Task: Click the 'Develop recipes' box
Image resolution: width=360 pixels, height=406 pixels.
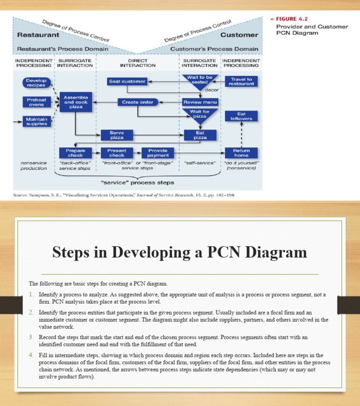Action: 36,83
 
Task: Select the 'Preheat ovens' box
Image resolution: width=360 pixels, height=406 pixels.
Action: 36,102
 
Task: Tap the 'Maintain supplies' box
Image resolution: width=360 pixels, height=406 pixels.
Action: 36,121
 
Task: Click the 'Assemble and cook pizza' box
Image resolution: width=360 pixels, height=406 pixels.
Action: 75,101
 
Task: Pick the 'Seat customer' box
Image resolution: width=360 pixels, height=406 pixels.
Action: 127,81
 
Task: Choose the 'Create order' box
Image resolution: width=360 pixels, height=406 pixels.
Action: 137,102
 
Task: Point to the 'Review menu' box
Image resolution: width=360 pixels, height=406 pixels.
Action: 199,102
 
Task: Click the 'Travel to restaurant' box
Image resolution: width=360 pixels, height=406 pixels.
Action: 241,82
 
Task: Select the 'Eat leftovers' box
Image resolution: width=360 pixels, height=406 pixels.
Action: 241,116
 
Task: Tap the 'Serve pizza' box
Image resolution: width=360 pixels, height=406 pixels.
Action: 117,135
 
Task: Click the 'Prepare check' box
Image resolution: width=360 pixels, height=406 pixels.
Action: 75,153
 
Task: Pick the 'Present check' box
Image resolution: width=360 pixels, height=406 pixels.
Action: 117,153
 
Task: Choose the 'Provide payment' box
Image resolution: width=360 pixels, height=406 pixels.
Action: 158,153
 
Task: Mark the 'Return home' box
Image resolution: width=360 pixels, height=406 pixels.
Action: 241,153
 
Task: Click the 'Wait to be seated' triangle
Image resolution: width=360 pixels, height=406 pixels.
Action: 199,81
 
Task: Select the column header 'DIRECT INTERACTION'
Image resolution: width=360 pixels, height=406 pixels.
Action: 137,63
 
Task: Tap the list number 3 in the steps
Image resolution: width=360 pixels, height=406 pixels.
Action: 31,337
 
